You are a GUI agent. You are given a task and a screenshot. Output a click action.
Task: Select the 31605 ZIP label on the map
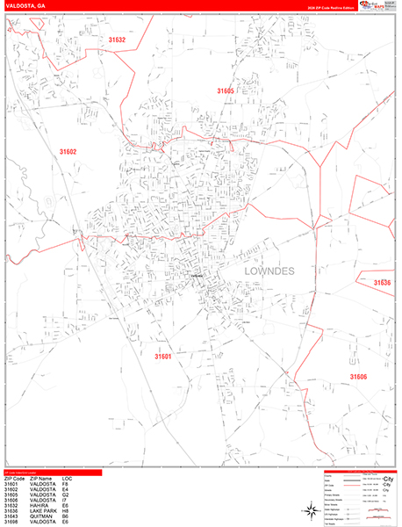226,91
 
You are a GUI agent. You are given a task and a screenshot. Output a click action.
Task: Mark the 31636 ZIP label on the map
382,283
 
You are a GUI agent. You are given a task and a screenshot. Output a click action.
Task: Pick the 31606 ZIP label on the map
358,377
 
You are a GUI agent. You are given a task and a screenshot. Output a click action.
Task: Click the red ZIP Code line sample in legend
357,485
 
